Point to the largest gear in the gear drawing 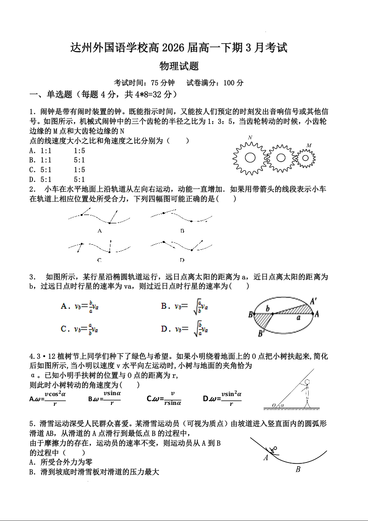click(x=250, y=157)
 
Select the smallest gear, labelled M click(x=305, y=158)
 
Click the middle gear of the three click(x=280, y=157)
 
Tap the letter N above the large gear click(x=250, y=138)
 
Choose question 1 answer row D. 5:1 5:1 click(x=57, y=180)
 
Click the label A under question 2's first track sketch click(x=100, y=231)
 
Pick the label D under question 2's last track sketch click(x=182, y=260)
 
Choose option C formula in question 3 click(x=79, y=329)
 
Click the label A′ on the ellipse click(x=314, y=301)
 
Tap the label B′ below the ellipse click(x=261, y=333)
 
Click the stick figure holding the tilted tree click(x=307, y=392)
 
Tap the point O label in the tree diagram click(x=274, y=405)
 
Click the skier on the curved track click(x=273, y=449)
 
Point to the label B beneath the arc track click(x=298, y=469)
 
